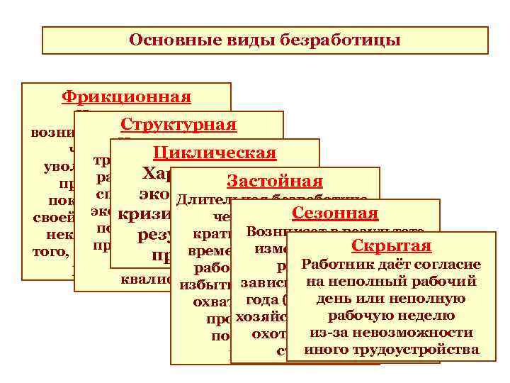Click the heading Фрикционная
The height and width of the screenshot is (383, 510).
pyautogui.click(x=126, y=97)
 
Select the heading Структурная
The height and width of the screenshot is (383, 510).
pyautogui.click(x=178, y=125)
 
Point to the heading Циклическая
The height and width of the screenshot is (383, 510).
pyautogui.click(x=215, y=153)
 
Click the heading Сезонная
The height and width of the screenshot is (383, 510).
pyautogui.click(x=335, y=213)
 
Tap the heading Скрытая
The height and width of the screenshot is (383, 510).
pyautogui.click(x=392, y=246)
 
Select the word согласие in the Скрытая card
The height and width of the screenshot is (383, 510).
pyautogui.click(x=449, y=265)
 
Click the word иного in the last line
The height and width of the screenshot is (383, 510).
pyautogui.click(x=322, y=350)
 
